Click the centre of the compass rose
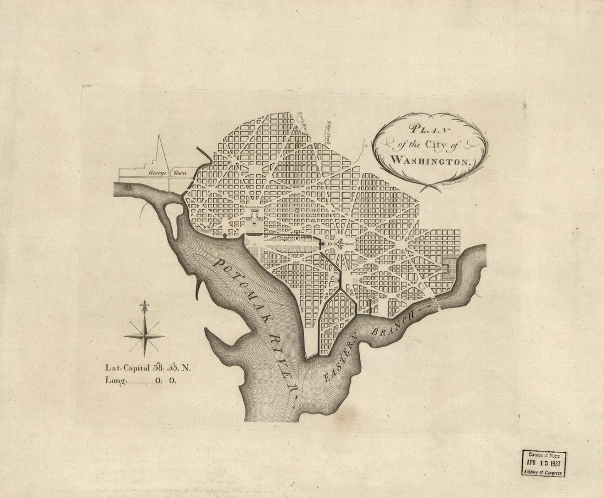(144, 336)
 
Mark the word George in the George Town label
(157, 172)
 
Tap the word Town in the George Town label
(180, 172)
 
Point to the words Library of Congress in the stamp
(544, 473)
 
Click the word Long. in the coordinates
(116, 380)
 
